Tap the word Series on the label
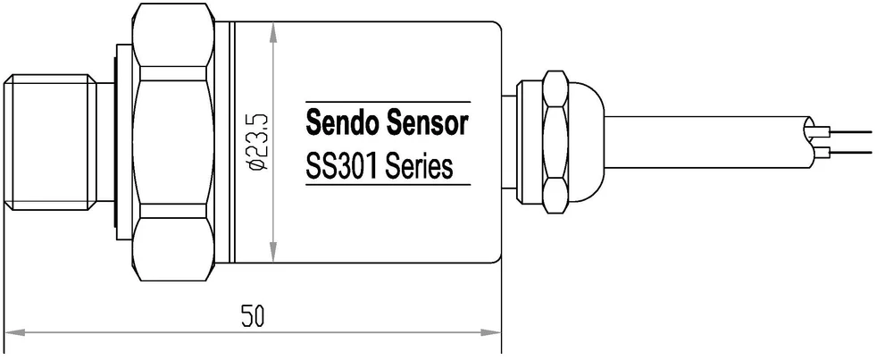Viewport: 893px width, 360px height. tap(419, 166)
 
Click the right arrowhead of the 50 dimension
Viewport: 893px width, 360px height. tap(493, 333)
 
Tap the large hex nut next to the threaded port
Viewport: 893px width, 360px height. tap(172, 143)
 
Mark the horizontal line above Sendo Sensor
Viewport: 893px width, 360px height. tap(388, 101)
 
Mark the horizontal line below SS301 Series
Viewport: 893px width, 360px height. tap(388, 186)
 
